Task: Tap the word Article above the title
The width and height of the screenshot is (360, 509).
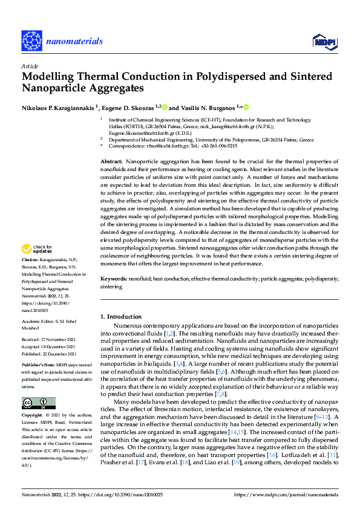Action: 30,66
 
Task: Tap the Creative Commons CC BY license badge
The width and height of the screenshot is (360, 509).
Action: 38,403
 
